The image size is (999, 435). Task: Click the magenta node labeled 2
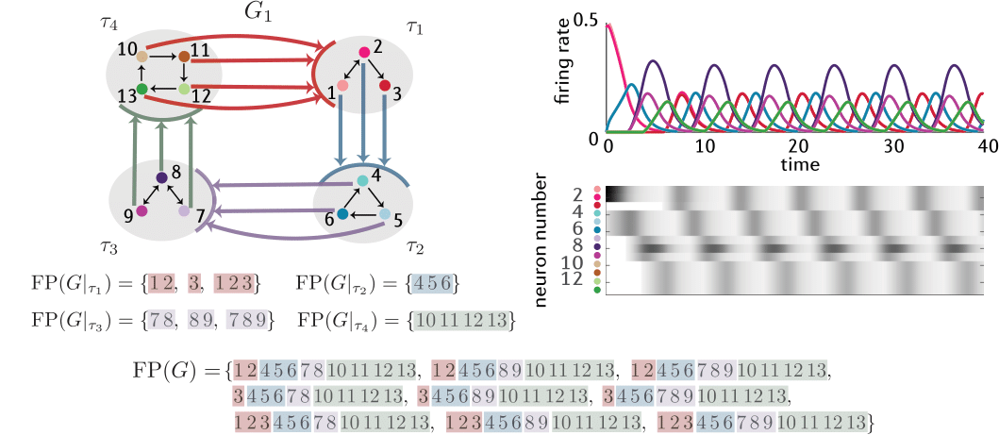pos(363,52)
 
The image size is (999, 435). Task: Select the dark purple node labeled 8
pos(161,177)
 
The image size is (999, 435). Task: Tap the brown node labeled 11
pos(185,58)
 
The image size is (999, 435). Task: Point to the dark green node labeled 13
pos(141,90)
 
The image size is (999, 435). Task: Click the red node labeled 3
pos(385,86)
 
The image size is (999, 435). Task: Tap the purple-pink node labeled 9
pos(142,212)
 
